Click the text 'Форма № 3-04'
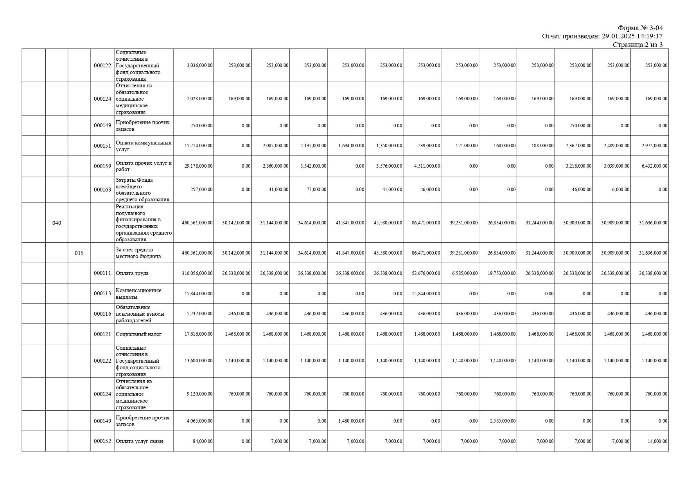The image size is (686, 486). (640, 28)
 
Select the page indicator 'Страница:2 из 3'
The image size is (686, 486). (638, 45)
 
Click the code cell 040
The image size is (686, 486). (57, 223)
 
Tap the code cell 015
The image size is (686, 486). (79, 253)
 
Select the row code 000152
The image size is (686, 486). (102, 441)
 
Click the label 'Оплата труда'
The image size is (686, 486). (132, 273)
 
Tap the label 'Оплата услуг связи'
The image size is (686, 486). (139, 441)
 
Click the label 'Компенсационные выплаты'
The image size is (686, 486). (138, 294)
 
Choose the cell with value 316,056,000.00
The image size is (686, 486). (197, 273)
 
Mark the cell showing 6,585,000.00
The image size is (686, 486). (465, 273)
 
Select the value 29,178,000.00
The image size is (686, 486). (198, 166)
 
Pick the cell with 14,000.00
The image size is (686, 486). (656, 441)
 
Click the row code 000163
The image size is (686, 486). (102, 190)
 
